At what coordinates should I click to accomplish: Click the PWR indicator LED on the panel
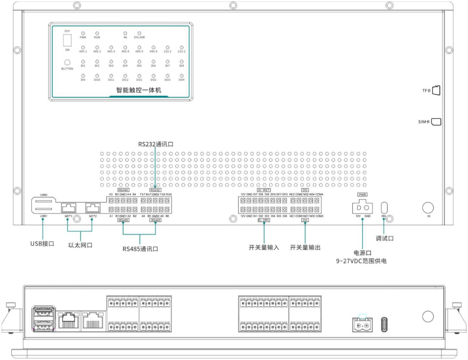click(x=83, y=33)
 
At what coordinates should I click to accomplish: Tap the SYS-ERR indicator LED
click(x=139, y=33)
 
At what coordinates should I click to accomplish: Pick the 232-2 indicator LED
click(x=182, y=47)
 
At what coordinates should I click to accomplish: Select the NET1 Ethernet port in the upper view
click(x=68, y=207)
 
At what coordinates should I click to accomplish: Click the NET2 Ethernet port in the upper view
click(x=93, y=207)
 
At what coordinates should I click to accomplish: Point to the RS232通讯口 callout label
click(x=156, y=145)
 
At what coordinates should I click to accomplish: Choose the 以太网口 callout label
click(x=81, y=247)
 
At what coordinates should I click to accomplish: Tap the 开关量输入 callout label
click(x=264, y=248)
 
